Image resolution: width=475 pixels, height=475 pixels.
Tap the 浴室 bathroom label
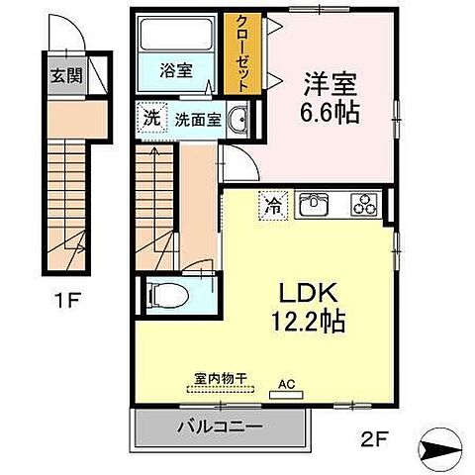pyautogui.click(x=176, y=70)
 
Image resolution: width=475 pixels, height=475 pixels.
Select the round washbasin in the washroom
pyautogui.click(x=239, y=121)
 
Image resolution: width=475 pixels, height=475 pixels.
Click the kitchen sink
pyautogui.click(x=316, y=206)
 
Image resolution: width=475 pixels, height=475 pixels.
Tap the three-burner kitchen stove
pyautogui.click(x=363, y=206)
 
